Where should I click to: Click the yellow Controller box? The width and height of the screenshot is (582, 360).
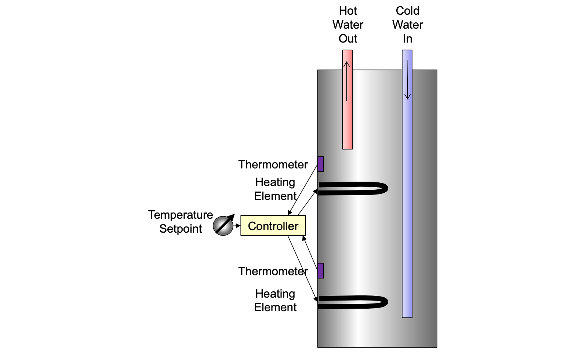[273, 226]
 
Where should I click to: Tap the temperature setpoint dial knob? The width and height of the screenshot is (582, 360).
[223, 226]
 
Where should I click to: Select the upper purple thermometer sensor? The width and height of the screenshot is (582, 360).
[320, 164]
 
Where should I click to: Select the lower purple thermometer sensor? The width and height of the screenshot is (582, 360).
[320, 271]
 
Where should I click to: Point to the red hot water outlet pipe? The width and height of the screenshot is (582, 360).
[347, 125]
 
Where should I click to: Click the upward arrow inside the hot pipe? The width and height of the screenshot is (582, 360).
[347, 81]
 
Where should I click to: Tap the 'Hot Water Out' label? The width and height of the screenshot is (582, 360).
[348, 25]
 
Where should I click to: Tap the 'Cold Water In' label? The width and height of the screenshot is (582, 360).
[407, 25]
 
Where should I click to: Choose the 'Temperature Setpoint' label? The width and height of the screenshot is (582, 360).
[181, 222]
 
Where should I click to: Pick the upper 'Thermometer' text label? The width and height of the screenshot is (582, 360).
[273, 164]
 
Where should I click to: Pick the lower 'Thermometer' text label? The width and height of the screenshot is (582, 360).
[273, 271]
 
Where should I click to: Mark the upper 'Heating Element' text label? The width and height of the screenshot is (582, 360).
[275, 189]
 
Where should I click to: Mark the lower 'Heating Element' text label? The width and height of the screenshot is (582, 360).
[275, 300]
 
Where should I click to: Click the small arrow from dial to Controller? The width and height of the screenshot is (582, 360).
[237, 226]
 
